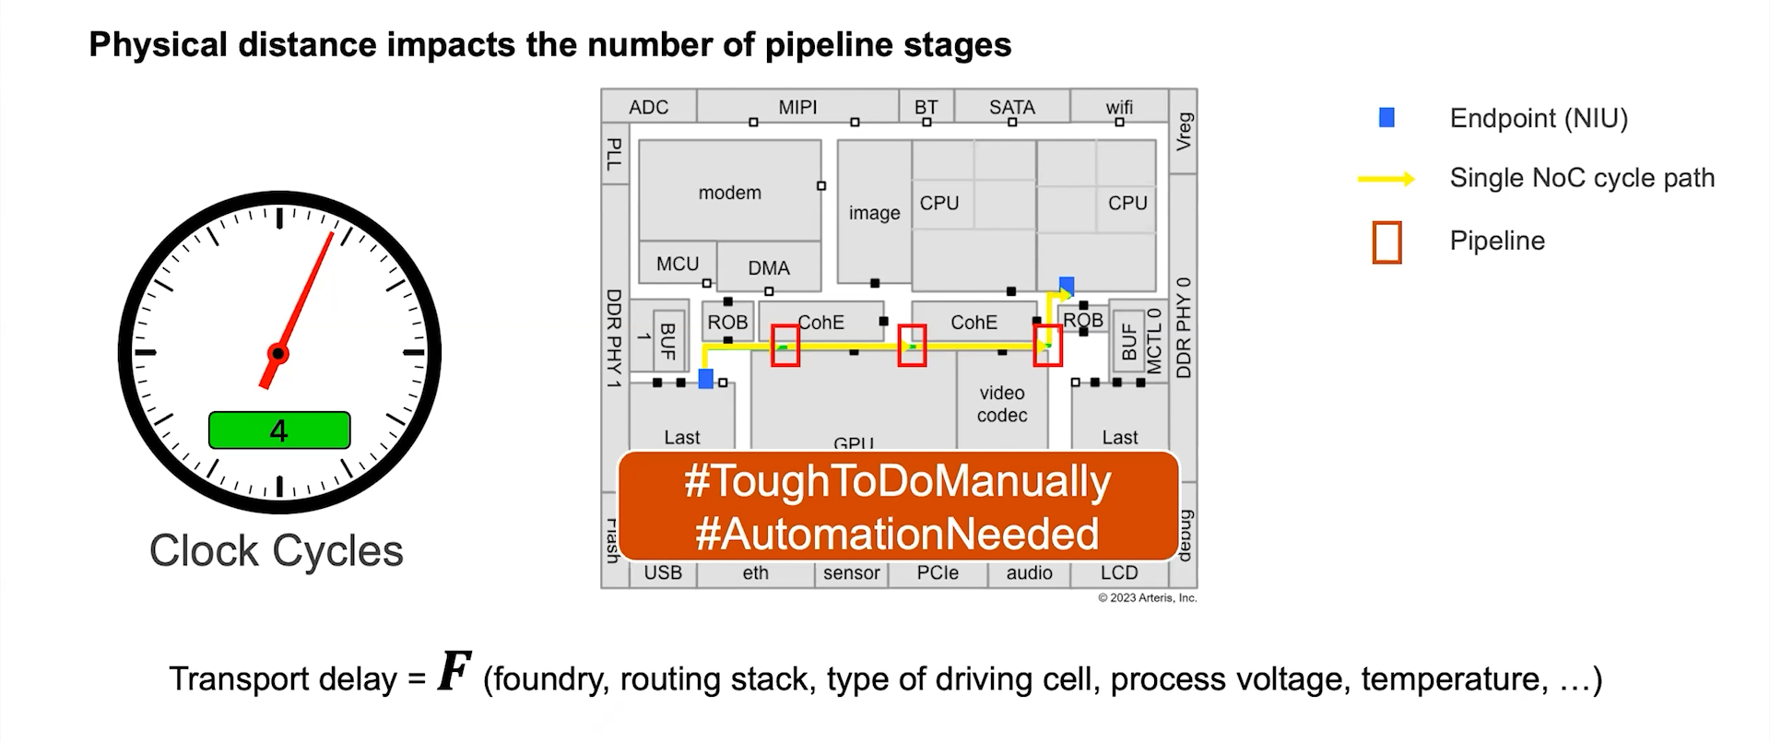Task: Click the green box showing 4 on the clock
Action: pyautogui.click(x=279, y=430)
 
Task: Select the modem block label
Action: pyautogui.click(x=729, y=193)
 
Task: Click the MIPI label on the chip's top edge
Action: pyautogui.click(x=797, y=107)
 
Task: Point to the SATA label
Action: pyautogui.click(x=1011, y=107)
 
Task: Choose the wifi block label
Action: pyautogui.click(x=1119, y=107)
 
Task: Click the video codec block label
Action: pyautogui.click(x=1002, y=404)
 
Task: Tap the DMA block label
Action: pyautogui.click(x=769, y=268)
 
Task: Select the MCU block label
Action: pyautogui.click(x=678, y=264)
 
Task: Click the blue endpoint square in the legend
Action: pyautogui.click(x=1386, y=118)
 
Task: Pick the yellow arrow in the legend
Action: pyautogui.click(x=1386, y=179)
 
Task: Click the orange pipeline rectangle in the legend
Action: pyautogui.click(x=1386, y=242)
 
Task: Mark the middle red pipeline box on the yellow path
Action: pyautogui.click(x=912, y=346)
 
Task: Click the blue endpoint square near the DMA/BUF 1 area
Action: pyautogui.click(x=706, y=379)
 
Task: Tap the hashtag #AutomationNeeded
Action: pyautogui.click(x=897, y=534)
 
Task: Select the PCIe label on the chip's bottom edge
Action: pyautogui.click(x=938, y=572)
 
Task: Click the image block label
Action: pyautogui.click(x=874, y=213)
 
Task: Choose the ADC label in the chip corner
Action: pyautogui.click(x=648, y=107)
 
